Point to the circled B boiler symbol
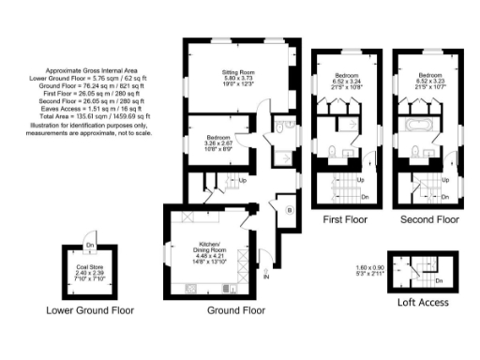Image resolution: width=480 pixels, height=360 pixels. pyautogui.click(x=290, y=211)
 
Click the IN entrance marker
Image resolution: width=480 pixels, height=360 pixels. pyautogui.click(x=266, y=277)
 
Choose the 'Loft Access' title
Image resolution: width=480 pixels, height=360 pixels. pyautogui.click(x=423, y=303)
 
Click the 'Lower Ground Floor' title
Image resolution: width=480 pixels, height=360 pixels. pyautogui.click(x=90, y=310)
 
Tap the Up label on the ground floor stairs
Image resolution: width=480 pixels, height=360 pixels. pyautogui.click(x=243, y=181)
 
